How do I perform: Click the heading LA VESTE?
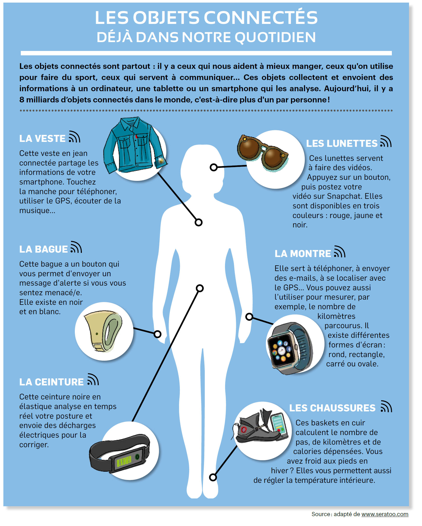point(42,139)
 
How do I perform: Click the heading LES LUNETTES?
point(341,143)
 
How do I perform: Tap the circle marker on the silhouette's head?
point(214,167)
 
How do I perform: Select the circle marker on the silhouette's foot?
point(213,477)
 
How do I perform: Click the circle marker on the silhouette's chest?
point(199,222)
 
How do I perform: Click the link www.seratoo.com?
point(385,514)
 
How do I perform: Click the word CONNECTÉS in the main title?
point(261,18)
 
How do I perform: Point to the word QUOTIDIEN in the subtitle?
point(275,37)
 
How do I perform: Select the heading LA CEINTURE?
point(51,382)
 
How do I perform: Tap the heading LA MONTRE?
point(302,254)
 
